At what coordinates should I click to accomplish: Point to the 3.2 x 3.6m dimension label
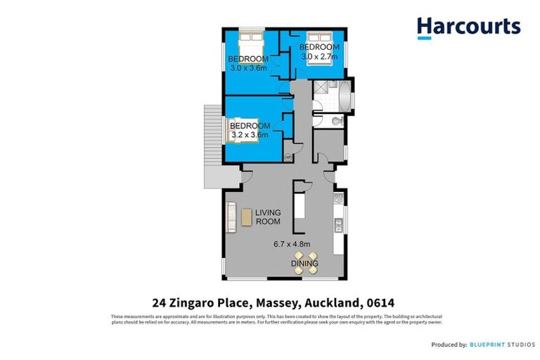tap(251, 135)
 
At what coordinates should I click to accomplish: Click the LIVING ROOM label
tap(268, 217)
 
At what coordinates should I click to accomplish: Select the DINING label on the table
tap(304, 264)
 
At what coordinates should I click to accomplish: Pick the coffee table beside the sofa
tap(246, 217)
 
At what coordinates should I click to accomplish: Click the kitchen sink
tap(338, 225)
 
